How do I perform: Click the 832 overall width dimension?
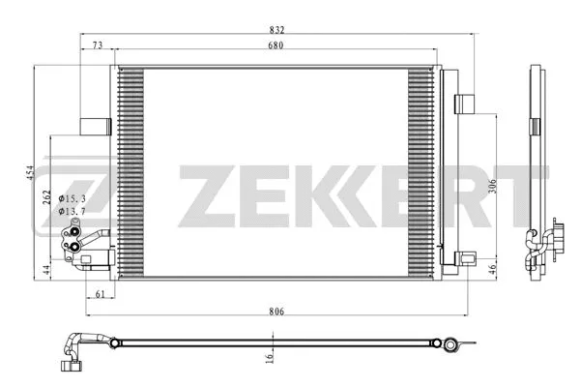277,28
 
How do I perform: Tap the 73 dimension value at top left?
98,45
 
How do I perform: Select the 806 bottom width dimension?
277,311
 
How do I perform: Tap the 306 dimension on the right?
491,188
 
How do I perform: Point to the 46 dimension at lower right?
492,269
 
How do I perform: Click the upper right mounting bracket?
463,104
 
